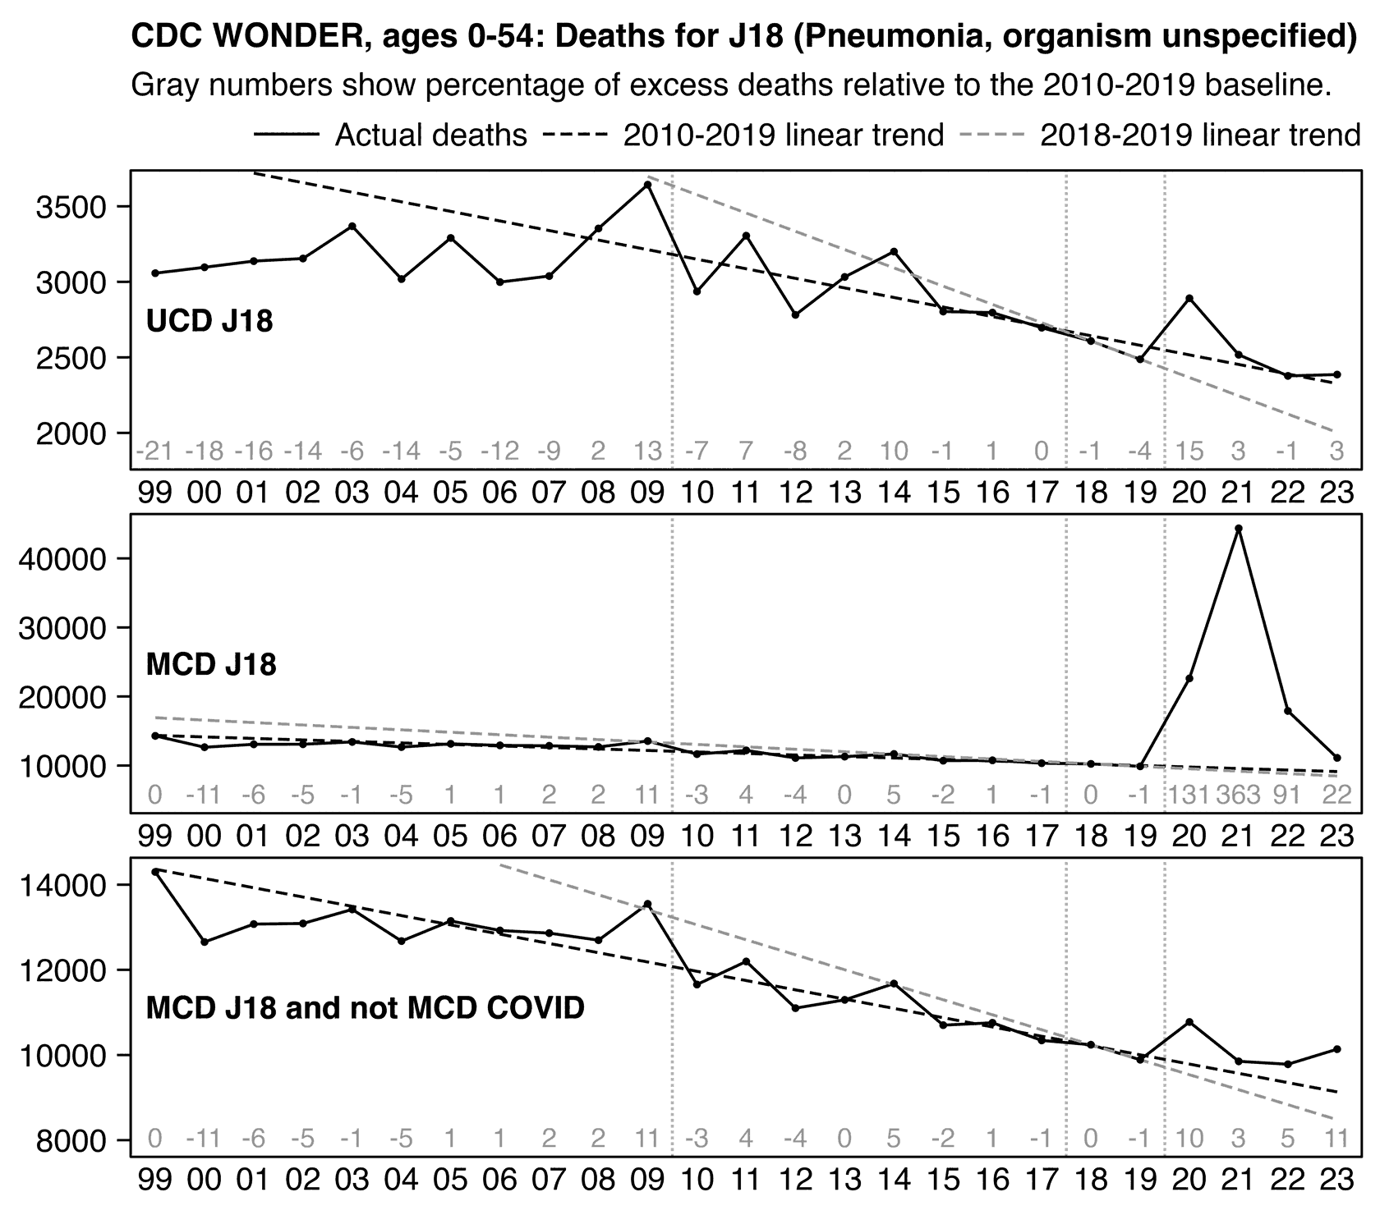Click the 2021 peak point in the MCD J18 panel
coord(1239,529)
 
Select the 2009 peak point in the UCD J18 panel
coord(647,185)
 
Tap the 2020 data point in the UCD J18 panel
coord(1189,298)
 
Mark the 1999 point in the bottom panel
coord(155,871)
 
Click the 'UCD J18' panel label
coord(209,321)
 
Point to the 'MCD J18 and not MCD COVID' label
coord(365,1007)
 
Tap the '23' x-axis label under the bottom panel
coord(1337,1180)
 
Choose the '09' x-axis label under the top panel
coord(647,493)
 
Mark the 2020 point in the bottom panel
coord(1189,1022)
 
